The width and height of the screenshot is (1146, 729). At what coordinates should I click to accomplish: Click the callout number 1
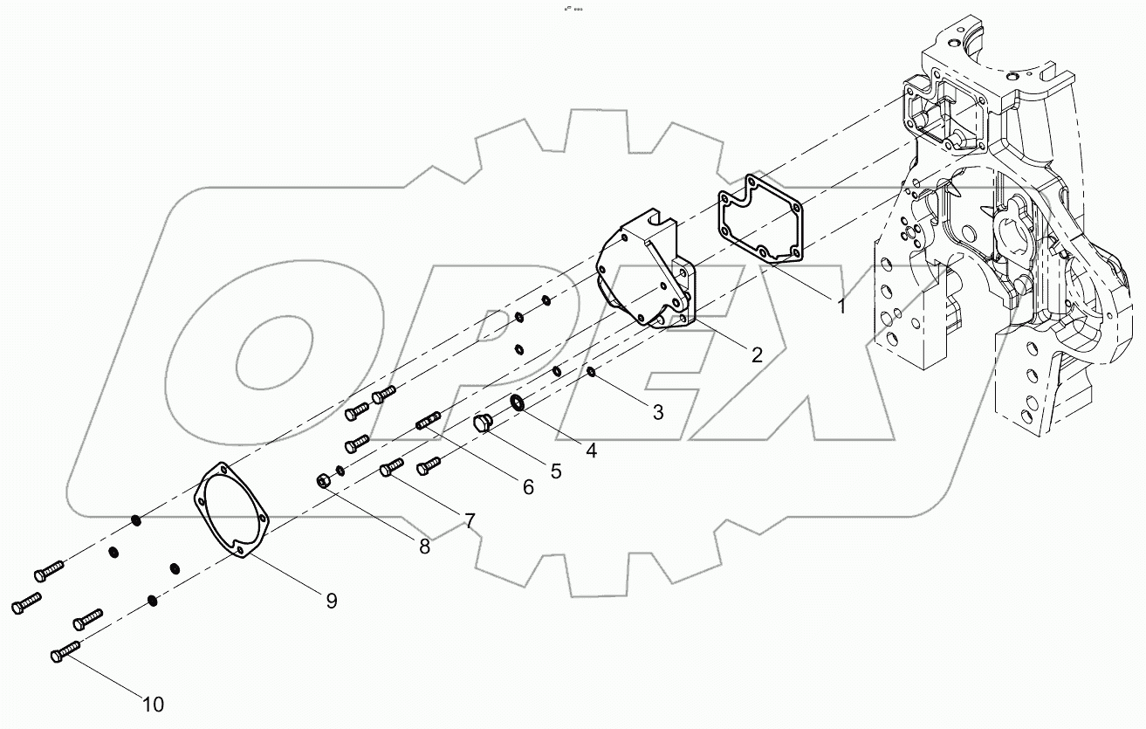click(840, 306)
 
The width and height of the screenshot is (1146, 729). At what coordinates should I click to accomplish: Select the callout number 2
click(756, 355)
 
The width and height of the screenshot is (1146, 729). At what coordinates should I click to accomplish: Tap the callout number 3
click(657, 412)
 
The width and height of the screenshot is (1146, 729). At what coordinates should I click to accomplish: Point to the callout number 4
click(591, 450)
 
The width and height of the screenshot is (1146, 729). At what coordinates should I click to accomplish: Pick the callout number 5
click(555, 471)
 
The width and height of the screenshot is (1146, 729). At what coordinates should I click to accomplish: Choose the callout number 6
click(527, 487)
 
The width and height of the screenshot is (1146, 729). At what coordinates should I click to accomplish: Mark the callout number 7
click(469, 521)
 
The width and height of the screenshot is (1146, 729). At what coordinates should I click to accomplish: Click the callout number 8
click(424, 547)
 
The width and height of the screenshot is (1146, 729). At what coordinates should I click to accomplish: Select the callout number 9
click(331, 601)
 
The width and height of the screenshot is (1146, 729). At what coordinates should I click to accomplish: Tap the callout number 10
click(154, 704)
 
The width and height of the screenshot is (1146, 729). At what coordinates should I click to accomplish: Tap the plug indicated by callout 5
click(483, 424)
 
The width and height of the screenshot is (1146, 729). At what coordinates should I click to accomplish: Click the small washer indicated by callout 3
click(591, 373)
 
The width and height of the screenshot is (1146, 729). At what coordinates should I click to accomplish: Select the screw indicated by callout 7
click(392, 468)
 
